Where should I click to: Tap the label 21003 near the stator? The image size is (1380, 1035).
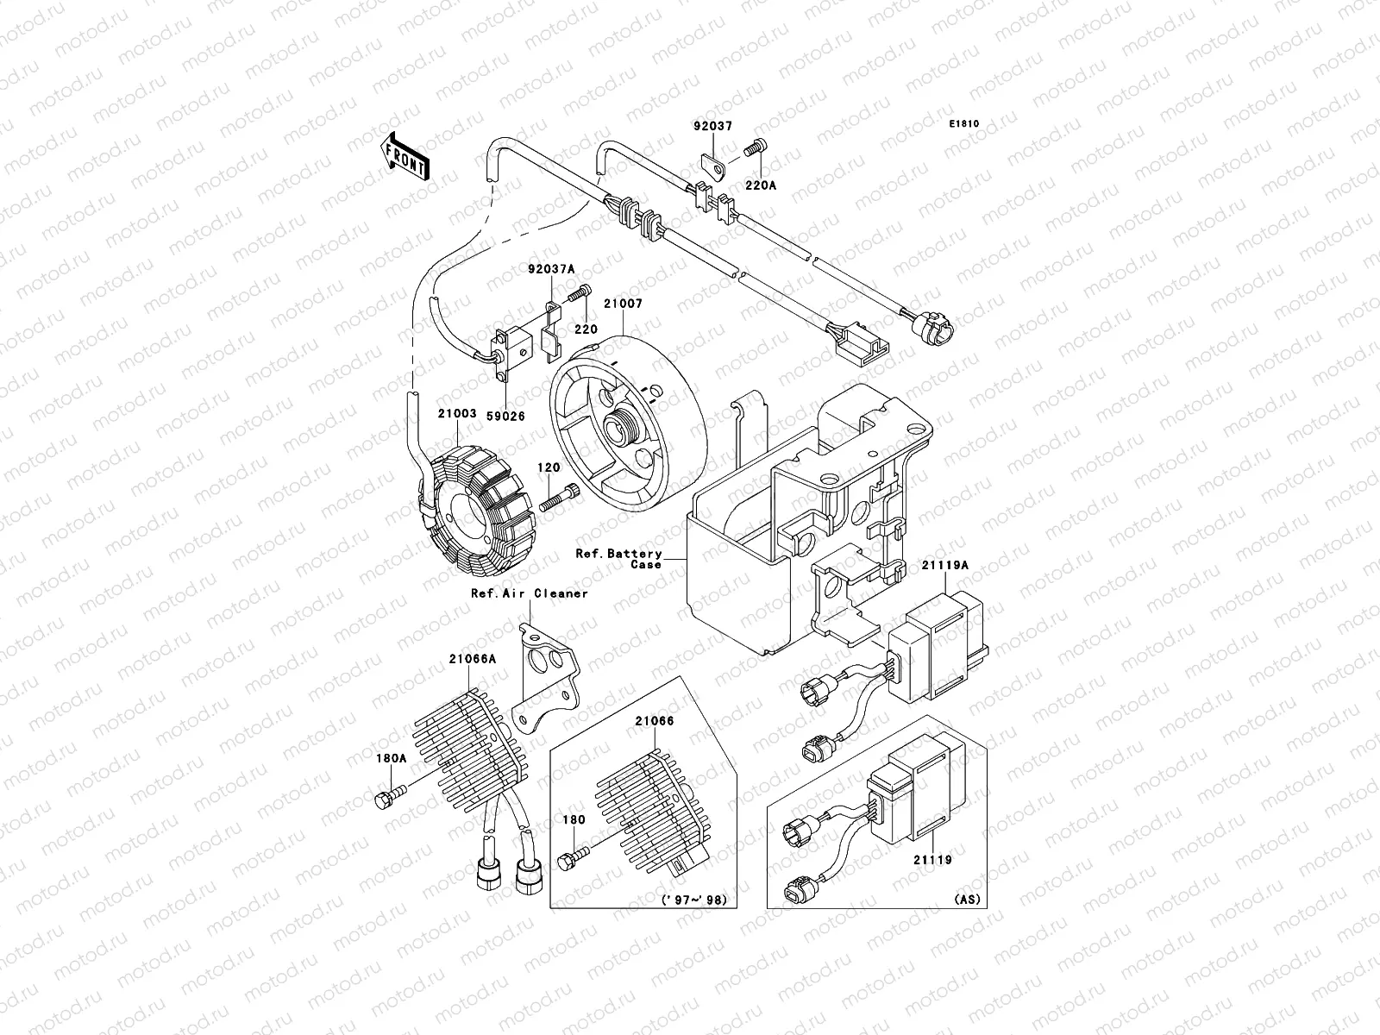456,414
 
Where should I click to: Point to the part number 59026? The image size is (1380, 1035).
505,416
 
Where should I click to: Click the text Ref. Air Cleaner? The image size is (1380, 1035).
529,593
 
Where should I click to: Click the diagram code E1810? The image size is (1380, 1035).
965,124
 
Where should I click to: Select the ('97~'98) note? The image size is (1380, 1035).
693,900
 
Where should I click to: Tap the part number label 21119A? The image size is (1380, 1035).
947,566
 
